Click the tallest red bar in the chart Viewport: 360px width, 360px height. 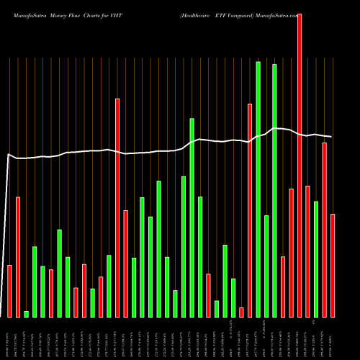point(300,165)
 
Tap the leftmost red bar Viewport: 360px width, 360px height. point(10,291)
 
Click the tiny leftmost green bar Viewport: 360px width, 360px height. point(27,314)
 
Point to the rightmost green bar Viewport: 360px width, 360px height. point(316,259)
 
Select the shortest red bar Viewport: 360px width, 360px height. point(242,312)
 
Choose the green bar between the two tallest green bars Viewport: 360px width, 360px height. point(266,266)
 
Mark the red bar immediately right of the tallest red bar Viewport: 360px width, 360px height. point(308,251)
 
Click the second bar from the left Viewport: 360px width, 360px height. point(18,257)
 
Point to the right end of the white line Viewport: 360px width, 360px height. point(331,137)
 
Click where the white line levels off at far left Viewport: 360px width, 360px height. point(9,154)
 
